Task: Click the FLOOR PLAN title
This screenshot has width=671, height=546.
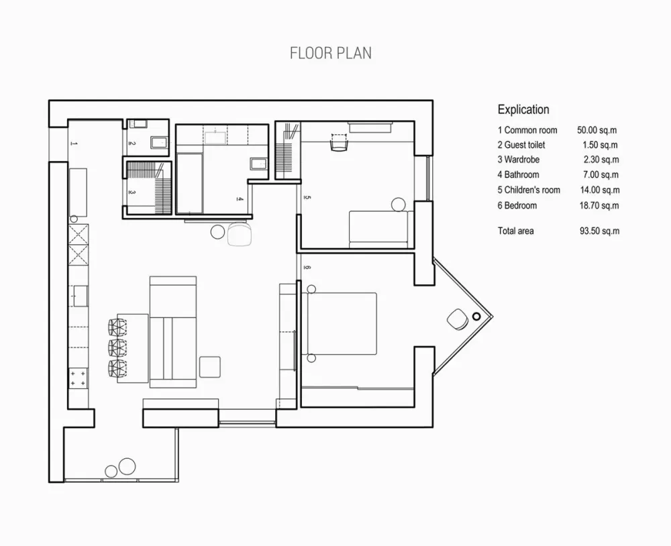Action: coord(330,53)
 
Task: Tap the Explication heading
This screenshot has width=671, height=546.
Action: coord(523,109)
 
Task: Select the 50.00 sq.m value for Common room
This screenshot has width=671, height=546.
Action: coord(597,130)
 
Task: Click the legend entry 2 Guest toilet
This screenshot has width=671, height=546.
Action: coord(521,145)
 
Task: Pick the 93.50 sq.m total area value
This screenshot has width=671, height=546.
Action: coord(599,231)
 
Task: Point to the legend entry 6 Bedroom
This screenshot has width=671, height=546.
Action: coord(517,205)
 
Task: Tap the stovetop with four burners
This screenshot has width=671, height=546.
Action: coord(79,378)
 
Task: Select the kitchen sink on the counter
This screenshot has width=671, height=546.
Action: coord(81,296)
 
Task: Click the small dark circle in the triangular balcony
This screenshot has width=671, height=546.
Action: coord(476,316)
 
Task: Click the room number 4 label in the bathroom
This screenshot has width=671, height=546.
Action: coord(240,199)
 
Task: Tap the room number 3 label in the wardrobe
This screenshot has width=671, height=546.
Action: coord(133,193)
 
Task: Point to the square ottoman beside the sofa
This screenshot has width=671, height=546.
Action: coord(210,367)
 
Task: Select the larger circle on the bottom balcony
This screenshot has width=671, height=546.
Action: coord(127,466)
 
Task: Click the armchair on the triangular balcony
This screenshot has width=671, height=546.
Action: coord(458,319)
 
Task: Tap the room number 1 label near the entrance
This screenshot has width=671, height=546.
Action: coord(74,144)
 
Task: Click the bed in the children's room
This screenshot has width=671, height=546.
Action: coord(378,229)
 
